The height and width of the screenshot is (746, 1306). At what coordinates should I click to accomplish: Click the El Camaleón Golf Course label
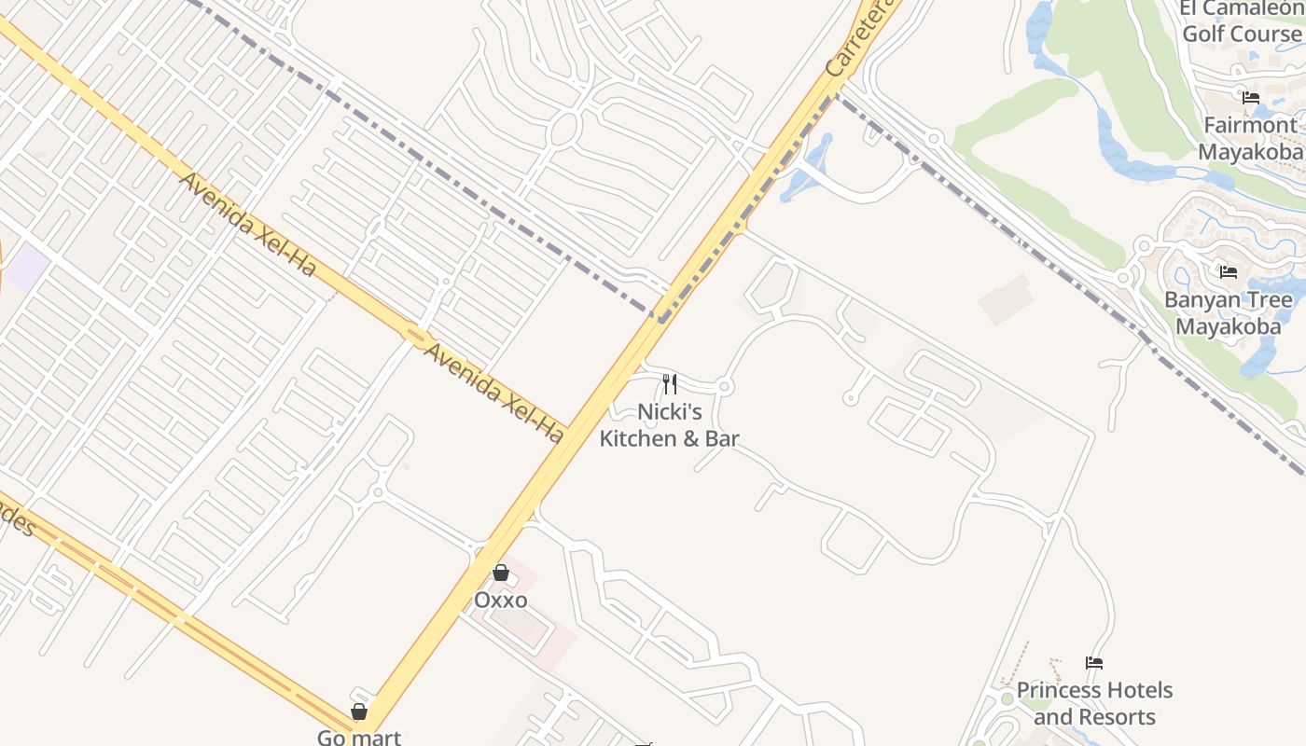[1240, 21]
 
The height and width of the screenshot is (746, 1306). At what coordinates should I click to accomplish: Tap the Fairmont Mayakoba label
[1250, 139]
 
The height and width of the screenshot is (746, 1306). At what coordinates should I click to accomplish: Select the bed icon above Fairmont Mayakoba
[1251, 97]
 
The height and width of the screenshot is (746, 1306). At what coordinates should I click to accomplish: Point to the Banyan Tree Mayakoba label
[1229, 313]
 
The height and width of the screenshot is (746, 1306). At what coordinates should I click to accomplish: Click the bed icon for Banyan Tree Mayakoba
[1229, 272]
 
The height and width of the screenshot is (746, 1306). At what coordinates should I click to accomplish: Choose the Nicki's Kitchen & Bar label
[669, 425]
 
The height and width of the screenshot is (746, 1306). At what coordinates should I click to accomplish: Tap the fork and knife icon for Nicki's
[669, 383]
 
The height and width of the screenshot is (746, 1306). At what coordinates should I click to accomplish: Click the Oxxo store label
[500, 600]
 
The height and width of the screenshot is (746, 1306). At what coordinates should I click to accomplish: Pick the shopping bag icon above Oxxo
[501, 573]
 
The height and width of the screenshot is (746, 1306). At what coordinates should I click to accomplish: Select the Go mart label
[359, 737]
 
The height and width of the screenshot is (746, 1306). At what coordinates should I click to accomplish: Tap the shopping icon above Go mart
[359, 711]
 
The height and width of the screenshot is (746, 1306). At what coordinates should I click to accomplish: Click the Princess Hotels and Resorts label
[1094, 703]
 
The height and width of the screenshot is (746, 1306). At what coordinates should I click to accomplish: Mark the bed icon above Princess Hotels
[1094, 663]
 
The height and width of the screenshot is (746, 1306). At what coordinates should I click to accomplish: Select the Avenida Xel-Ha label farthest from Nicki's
[248, 224]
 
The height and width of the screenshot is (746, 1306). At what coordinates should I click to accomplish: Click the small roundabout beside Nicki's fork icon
[725, 386]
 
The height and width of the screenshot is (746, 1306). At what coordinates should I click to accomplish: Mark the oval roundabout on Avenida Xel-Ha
[415, 332]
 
